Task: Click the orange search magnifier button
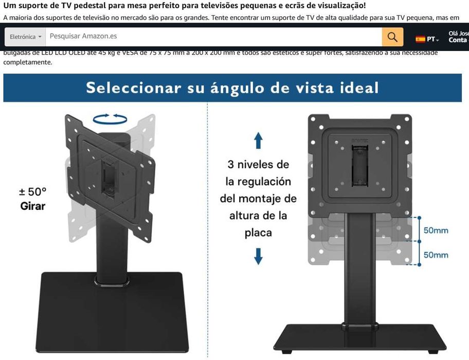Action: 392,37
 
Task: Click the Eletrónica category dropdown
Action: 25,37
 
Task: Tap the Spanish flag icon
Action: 420,39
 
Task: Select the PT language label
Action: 432,40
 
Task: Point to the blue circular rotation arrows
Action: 110,119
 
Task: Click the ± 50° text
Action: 32,192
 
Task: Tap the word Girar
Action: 32,206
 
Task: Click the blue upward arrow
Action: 258,140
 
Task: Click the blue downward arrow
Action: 258,256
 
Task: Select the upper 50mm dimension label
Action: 435,230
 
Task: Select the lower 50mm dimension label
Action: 435,255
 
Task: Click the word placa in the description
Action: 258,232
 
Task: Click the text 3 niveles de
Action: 258,165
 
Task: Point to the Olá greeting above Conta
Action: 458,33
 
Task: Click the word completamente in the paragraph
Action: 28,62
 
